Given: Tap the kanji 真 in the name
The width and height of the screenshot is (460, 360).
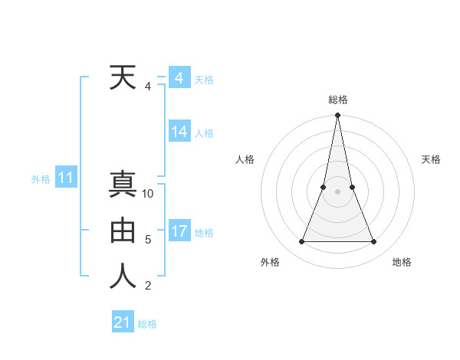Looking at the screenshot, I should [x=123, y=185].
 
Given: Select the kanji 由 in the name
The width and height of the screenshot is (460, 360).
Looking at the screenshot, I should [x=123, y=231].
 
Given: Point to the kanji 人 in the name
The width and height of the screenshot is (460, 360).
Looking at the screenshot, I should [x=123, y=277].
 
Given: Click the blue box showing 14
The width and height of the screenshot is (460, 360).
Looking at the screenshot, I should [x=179, y=132].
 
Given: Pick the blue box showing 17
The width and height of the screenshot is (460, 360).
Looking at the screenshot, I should [x=179, y=231].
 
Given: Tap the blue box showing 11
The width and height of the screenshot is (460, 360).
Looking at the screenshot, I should [x=66, y=178].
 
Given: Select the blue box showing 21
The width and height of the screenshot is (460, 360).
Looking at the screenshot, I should [x=123, y=322].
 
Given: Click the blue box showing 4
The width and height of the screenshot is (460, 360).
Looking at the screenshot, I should [x=179, y=78].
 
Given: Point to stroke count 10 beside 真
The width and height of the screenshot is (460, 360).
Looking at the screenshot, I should [x=148, y=194].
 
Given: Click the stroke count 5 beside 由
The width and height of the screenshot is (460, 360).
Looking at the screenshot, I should [x=148, y=240].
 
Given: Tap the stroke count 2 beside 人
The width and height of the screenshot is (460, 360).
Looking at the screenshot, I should [x=148, y=286].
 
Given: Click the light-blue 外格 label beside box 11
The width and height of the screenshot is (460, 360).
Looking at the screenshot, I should [x=41, y=179].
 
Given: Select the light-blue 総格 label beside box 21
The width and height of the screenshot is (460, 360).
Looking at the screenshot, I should [x=147, y=324].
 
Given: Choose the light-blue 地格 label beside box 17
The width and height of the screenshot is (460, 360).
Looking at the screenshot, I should [x=204, y=233].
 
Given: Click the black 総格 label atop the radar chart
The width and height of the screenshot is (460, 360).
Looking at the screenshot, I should [x=337, y=100].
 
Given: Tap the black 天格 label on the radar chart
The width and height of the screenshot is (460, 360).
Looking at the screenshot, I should [x=432, y=159].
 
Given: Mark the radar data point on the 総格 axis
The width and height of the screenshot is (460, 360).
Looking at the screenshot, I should [x=337, y=116].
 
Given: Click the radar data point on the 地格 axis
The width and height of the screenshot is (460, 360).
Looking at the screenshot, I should [x=374, y=242].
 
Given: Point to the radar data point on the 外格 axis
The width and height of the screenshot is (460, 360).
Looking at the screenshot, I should [x=301, y=242].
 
